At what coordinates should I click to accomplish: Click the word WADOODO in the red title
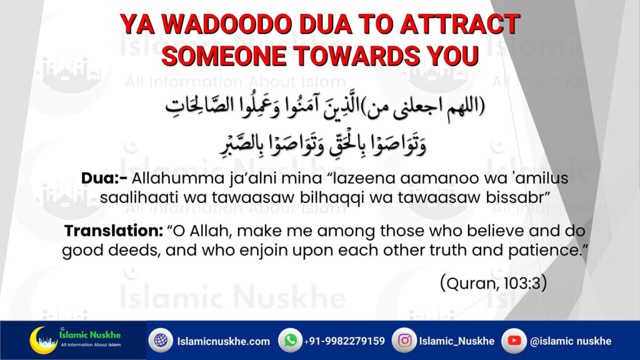tap(226, 24)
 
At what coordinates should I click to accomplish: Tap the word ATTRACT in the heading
tap(460, 24)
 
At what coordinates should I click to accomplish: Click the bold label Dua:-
tap(104, 178)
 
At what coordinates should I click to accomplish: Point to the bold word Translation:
tap(114, 231)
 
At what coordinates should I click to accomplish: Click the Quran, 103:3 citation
tap(494, 283)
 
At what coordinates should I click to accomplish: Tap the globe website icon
tap(161, 341)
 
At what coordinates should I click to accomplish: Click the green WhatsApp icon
tap(290, 341)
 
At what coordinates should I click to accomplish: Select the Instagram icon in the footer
tap(404, 341)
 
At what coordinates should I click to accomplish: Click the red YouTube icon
tap(514, 341)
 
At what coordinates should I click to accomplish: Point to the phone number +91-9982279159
tap(344, 341)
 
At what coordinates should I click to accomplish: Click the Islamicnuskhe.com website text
tap(223, 341)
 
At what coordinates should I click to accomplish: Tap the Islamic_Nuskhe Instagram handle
tap(457, 341)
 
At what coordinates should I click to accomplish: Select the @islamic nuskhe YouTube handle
tap(571, 341)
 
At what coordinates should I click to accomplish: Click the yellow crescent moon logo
tap(41, 340)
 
